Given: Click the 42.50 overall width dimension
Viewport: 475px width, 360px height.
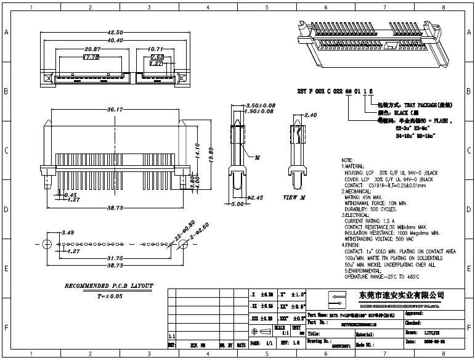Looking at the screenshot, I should pos(115,32).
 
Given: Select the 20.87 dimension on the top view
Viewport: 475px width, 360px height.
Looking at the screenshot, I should pos(93,49).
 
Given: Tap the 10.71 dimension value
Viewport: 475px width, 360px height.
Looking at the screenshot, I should pos(156,49).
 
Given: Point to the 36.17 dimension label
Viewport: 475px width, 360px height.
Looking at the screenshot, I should pos(115,110).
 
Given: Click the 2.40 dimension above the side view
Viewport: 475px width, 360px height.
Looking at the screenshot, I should pos(311,115).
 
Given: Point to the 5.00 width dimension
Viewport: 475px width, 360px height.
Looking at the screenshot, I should pos(237,204).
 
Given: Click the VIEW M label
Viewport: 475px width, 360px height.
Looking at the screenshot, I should pos(294,198).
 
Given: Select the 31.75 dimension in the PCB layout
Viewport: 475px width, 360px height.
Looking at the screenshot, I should pos(115,258).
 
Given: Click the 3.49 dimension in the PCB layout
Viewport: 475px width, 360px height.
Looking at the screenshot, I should pos(68,232).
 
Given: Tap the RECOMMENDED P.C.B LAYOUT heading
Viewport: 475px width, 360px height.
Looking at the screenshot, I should pos(109,287).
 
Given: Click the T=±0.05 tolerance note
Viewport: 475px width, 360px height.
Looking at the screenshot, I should pos(110,297).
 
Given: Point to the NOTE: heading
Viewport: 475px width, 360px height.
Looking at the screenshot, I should pos(347,160).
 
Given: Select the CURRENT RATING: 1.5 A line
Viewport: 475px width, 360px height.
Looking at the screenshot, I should pos(369,221).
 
